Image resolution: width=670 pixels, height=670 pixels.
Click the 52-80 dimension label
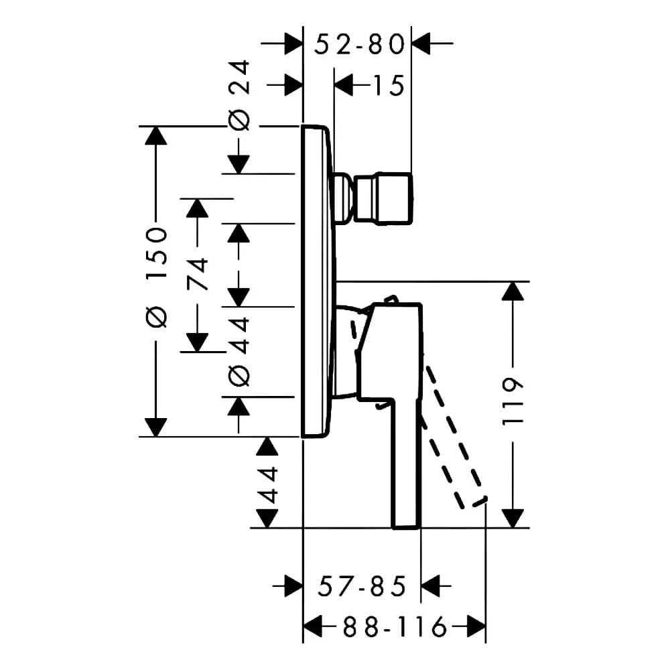[359, 44]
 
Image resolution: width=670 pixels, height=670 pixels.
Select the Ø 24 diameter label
[239, 95]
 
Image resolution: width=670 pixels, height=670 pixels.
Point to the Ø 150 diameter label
[156, 277]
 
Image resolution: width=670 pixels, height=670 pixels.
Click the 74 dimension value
[197, 274]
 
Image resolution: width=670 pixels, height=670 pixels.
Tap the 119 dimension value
[513, 401]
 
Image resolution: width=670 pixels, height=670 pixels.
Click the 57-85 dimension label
[362, 586]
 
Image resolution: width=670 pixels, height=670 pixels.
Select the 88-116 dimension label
[395, 628]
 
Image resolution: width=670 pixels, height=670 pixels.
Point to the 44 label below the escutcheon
[267, 484]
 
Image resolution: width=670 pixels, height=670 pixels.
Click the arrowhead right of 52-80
[421, 43]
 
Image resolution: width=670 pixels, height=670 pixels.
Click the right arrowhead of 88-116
[476, 627]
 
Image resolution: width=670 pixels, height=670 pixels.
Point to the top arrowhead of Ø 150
[156, 136]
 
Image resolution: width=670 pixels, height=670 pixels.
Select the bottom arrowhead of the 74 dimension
[197, 342]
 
